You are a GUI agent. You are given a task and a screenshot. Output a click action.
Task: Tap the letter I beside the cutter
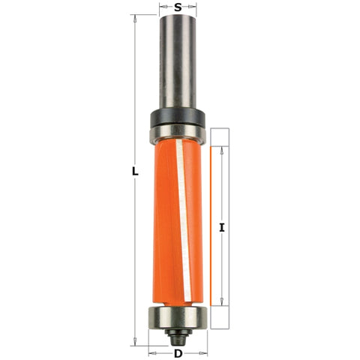[222, 226]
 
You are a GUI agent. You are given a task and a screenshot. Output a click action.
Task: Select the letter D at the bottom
[178, 353]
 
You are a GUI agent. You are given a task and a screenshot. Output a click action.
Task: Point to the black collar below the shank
[177, 117]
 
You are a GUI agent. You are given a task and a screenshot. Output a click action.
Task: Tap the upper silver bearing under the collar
[177, 134]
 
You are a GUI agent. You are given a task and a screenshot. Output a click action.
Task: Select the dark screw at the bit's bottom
[178, 332]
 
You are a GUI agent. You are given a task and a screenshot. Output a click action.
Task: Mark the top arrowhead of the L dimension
[135, 17]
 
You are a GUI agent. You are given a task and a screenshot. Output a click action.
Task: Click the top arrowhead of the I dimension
[222, 148]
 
